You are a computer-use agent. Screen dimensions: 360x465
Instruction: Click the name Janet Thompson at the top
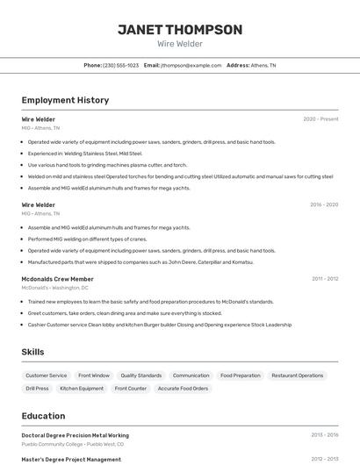click(x=180, y=30)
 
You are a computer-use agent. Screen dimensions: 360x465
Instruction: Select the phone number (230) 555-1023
click(x=121, y=66)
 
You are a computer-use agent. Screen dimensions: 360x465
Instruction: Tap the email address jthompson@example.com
click(x=191, y=66)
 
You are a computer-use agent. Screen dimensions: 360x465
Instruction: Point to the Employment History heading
click(x=65, y=100)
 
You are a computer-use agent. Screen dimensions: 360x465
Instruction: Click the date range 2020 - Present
click(x=320, y=119)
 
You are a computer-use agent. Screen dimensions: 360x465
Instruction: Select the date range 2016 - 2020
click(x=324, y=205)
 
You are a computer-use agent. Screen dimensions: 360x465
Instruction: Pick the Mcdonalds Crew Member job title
click(x=58, y=279)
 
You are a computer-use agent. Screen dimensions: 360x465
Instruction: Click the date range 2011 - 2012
click(x=325, y=279)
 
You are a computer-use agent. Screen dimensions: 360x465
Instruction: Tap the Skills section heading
click(x=32, y=352)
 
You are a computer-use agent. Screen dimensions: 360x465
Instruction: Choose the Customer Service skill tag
click(x=47, y=376)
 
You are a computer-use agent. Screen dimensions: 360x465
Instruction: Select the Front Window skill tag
click(x=94, y=376)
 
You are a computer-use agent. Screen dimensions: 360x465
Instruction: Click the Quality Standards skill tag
click(x=141, y=376)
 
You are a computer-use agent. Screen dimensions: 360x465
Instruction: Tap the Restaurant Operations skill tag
click(x=298, y=376)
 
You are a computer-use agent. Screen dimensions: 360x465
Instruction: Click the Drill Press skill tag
click(x=37, y=389)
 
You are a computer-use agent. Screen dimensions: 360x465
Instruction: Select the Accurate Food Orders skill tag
click(x=183, y=389)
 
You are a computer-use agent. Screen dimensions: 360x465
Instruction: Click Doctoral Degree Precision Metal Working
click(x=76, y=435)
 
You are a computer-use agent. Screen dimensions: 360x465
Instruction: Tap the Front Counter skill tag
click(x=131, y=389)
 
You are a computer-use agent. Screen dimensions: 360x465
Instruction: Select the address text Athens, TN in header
click(x=263, y=66)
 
